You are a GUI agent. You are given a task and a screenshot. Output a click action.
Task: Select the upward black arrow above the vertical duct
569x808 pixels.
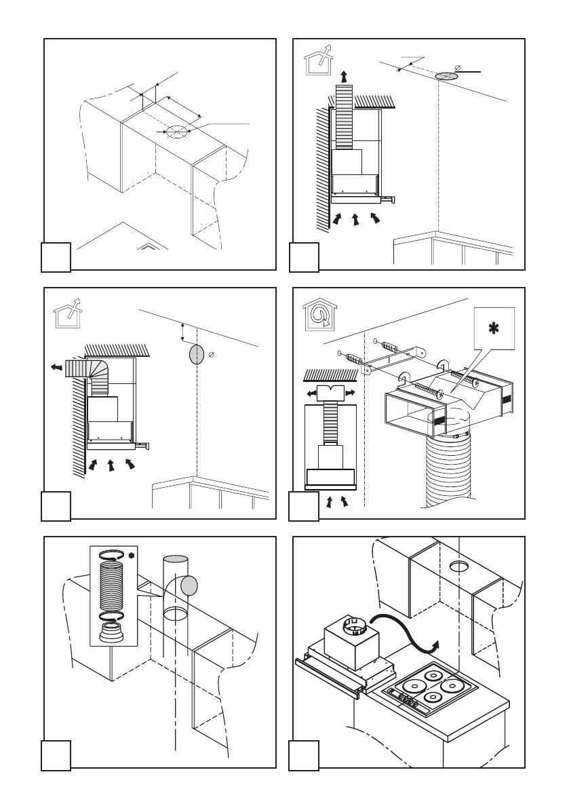345,75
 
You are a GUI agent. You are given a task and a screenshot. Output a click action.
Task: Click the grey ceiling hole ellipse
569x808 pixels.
446,76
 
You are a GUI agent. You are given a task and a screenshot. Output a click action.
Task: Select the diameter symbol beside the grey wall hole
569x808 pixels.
213,355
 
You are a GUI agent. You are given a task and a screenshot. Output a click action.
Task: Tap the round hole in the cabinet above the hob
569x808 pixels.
459,565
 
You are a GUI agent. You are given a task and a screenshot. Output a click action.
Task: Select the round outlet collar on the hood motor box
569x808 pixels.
353,622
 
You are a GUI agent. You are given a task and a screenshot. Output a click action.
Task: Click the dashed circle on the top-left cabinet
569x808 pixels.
176,131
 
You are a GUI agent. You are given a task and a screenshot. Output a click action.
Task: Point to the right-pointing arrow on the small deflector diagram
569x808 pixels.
350,392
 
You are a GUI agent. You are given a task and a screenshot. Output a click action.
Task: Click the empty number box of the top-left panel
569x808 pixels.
56,258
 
